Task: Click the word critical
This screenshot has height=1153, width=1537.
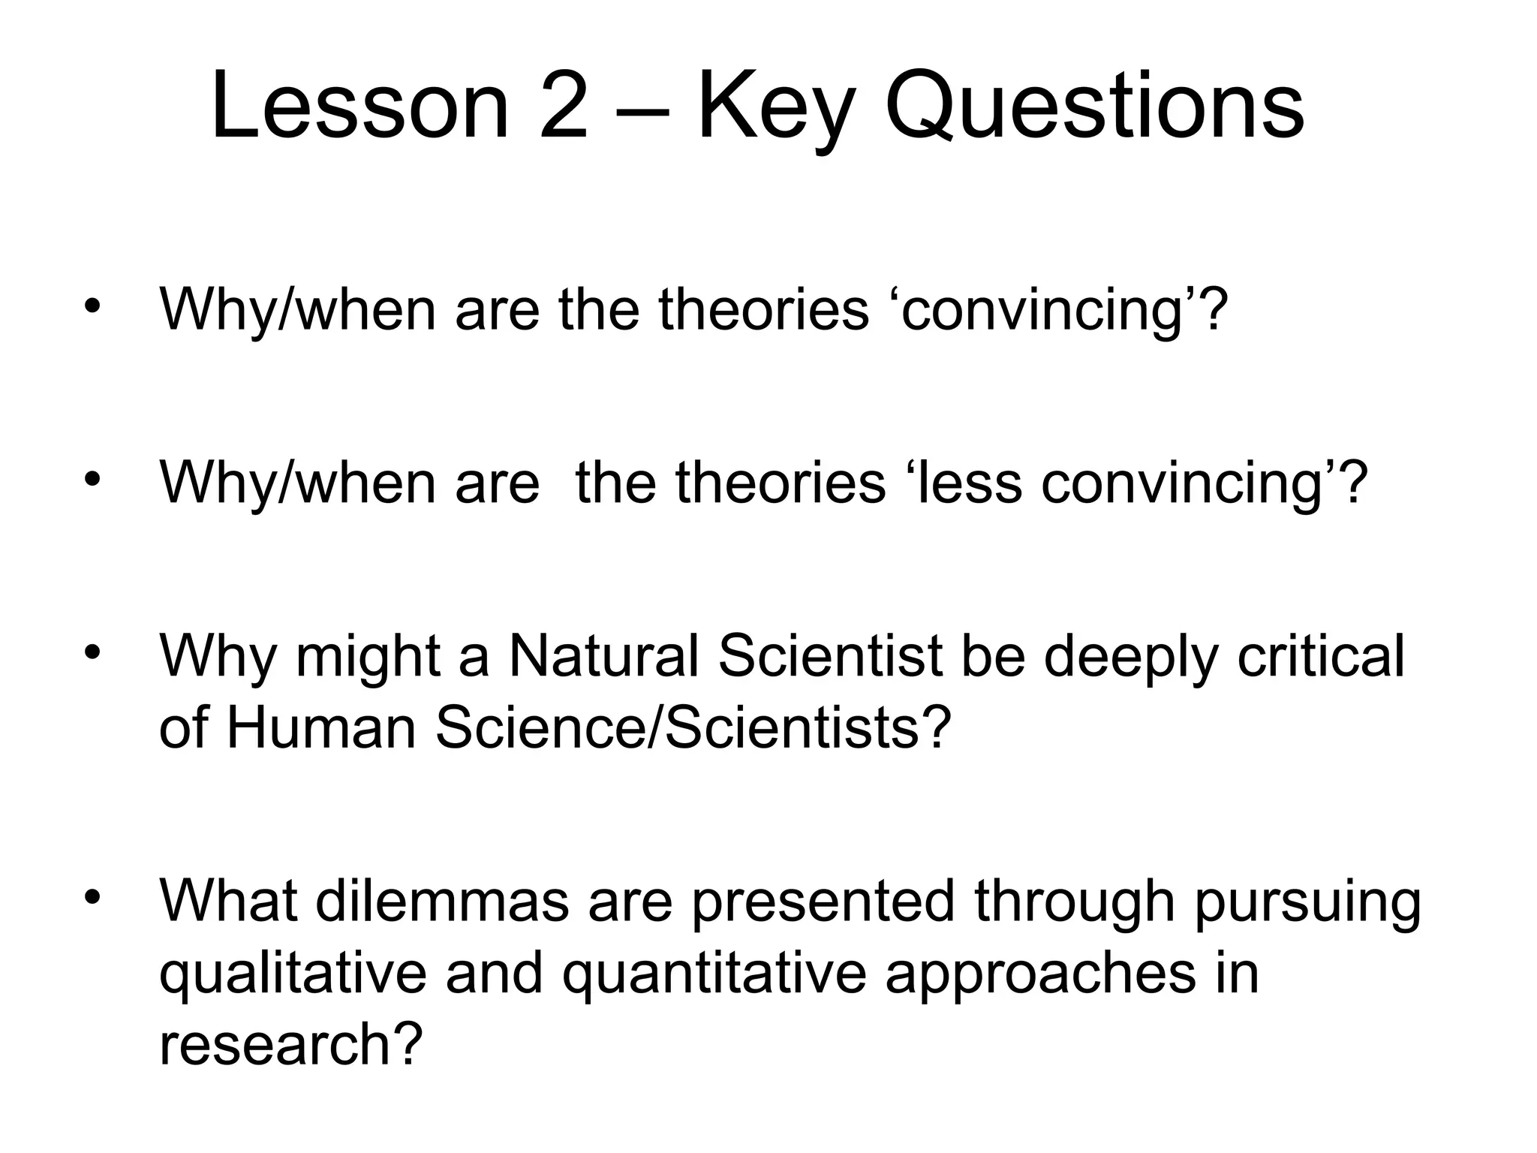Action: pyautogui.click(x=1320, y=655)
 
